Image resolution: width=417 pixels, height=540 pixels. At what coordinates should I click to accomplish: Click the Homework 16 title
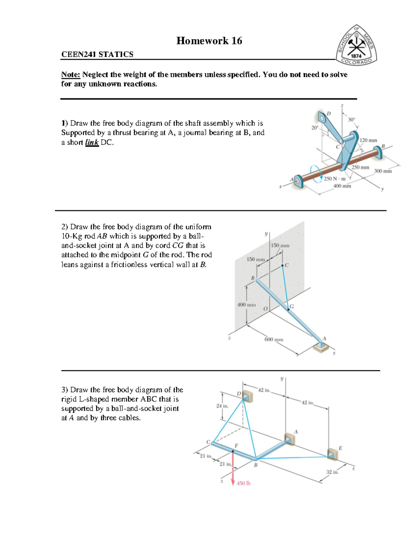tap(209, 41)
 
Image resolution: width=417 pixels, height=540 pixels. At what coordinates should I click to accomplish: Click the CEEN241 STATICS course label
tap(97, 54)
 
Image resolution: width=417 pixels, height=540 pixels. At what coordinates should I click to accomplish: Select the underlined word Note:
tap(71, 74)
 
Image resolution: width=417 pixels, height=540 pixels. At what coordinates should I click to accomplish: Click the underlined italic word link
tap(92, 142)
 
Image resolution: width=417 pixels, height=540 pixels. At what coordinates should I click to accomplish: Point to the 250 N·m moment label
tap(334, 179)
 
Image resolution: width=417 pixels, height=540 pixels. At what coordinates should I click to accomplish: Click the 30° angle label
tap(352, 119)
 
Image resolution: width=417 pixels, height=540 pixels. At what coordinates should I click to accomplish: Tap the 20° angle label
tap(315, 128)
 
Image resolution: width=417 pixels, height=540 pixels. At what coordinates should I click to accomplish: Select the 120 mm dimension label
tap(368, 140)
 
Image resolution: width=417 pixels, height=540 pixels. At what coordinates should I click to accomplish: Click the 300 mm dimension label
tap(383, 171)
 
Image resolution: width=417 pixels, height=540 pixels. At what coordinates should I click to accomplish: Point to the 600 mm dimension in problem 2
tap(273, 339)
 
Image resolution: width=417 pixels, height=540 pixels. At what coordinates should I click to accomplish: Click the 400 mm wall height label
tap(246, 305)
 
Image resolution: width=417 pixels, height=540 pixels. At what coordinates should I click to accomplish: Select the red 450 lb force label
tap(244, 483)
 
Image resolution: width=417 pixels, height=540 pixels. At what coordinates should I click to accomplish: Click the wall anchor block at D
tap(247, 397)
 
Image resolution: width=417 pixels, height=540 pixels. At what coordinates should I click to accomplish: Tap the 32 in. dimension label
tap(332, 472)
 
